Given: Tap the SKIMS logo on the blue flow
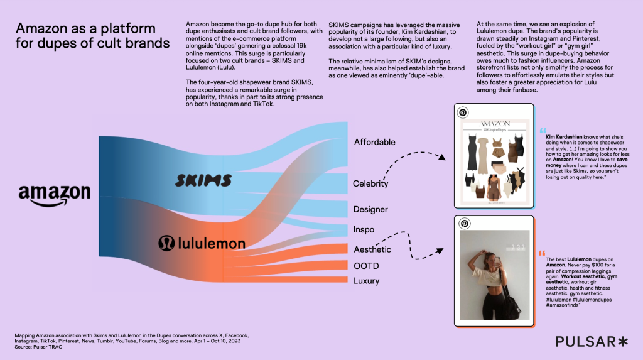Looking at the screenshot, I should pos(203,181).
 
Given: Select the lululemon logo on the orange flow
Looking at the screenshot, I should pos(202,243).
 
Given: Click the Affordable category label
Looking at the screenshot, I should pos(374,142).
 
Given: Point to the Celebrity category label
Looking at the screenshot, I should pos(370,184).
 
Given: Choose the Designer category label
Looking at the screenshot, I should pos(370,209).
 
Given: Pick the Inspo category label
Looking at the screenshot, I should pos(364,230).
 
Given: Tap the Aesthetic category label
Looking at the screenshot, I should pos(372,249).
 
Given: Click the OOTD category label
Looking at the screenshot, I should pos(365,265).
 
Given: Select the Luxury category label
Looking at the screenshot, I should pos(366,281).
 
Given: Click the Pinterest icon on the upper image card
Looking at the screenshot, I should pos(463,112).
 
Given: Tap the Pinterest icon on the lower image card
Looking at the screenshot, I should pos(463,224).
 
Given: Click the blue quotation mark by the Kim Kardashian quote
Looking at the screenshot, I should pos(543,130).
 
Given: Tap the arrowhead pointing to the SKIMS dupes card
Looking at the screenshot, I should pos(442,160).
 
